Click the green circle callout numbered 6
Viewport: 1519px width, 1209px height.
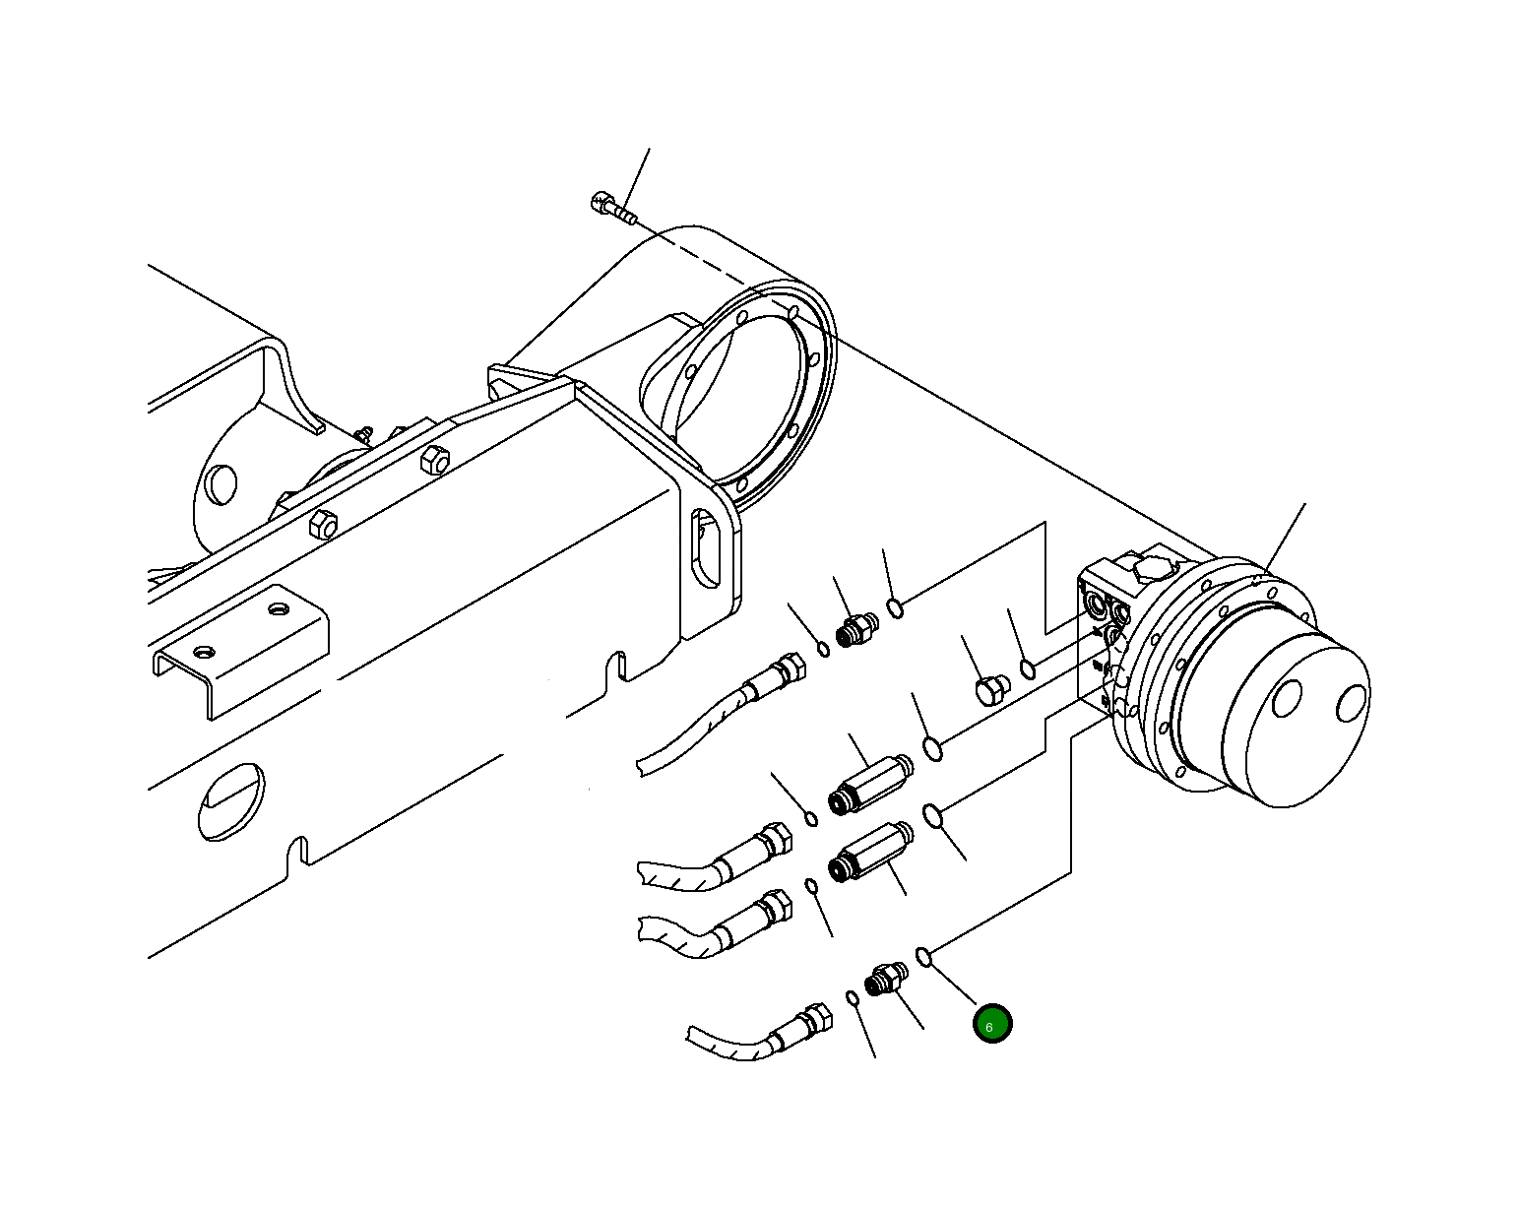pos(991,1024)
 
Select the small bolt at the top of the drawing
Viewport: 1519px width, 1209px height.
pos(610,207)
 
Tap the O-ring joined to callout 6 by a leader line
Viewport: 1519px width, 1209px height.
pos(923,955)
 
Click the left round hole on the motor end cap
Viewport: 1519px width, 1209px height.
pos(1287,699)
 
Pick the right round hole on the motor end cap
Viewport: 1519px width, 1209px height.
pos(1351,704)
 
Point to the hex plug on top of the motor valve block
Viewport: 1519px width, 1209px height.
pos(1154,568)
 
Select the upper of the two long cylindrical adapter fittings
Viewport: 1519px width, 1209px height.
pos(872,782)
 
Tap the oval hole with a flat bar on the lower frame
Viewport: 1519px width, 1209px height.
pos(231,800)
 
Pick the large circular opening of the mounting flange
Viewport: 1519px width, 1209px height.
pos(733,394)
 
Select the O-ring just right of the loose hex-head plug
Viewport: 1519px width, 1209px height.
pos(1027,669)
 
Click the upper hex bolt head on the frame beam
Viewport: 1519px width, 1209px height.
pos(434,460)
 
